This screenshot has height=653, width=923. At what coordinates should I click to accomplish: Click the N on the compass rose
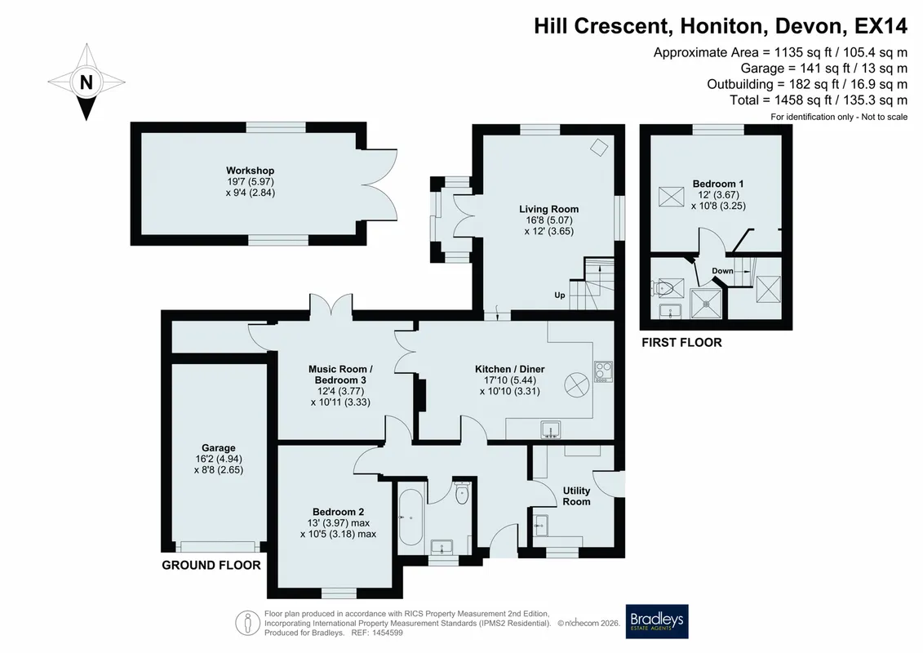tap(87, 82)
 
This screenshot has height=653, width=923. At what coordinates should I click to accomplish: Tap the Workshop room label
tap(251, 171)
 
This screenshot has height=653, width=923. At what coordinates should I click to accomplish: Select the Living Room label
tap(548, 209)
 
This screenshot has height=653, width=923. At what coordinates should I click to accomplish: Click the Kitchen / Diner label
tap(510, 369)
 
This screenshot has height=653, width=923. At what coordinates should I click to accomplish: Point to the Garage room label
tap(219, 448)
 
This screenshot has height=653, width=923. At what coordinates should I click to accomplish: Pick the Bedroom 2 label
tap(338, 513)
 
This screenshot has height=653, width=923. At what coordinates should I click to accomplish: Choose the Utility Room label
tap(576, 495)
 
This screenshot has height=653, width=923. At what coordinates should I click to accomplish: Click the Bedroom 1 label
tap(717, 184)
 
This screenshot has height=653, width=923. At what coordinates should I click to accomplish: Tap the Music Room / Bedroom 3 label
tap(340, 375)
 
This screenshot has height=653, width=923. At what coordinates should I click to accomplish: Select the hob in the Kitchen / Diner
tap(603, 371)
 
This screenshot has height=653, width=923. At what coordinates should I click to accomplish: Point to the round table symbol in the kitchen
tap(577, 384)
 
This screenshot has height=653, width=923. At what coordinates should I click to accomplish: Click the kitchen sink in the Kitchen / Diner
tap(550, 430)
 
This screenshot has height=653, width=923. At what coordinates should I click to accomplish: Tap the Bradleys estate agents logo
tap(656, 622)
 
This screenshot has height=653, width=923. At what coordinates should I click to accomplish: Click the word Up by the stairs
tap(560, 295)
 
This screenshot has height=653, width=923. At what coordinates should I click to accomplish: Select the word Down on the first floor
tap(722, 271)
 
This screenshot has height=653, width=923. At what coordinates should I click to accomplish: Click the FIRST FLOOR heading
tap(681, 343)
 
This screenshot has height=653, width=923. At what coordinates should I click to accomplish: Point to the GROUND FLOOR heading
tap(211, 566)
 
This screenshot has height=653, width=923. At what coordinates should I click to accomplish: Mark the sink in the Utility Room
tap(540, 524)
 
